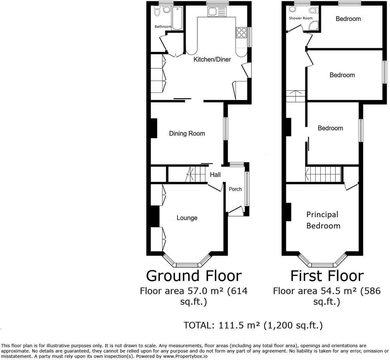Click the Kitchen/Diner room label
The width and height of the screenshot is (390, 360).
212,59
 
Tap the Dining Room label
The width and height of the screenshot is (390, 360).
187,133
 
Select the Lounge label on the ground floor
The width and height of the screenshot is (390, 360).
187,218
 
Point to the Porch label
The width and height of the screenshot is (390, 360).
235,189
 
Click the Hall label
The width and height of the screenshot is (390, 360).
215,174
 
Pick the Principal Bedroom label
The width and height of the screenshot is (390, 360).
323,220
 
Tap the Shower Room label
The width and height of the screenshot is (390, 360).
301,18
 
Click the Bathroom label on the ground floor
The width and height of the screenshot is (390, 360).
163,26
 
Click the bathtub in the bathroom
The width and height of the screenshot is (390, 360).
178,18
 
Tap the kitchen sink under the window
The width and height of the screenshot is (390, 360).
212,12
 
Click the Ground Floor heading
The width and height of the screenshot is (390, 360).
194,276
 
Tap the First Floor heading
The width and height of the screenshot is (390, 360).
327,276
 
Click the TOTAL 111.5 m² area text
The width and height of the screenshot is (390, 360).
253,325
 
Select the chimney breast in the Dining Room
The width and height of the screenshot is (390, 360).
154,128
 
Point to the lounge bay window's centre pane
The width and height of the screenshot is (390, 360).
187,265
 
